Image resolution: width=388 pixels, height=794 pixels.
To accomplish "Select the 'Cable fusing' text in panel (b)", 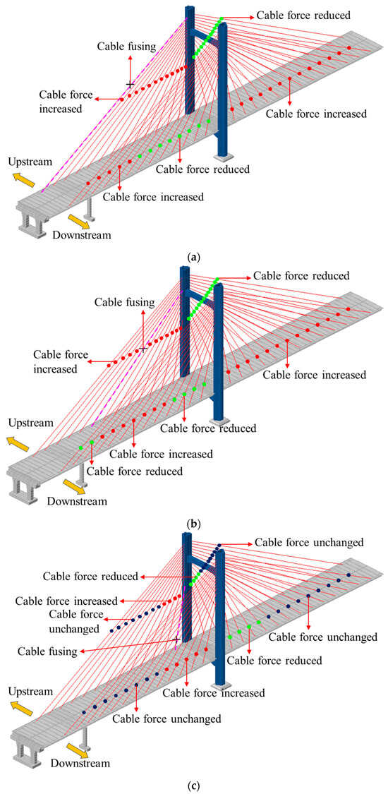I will [x=123, y=302].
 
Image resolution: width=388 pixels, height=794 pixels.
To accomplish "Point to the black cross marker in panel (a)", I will [x=129, y=85].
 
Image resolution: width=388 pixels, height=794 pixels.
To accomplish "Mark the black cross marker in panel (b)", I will [x=144, y=349].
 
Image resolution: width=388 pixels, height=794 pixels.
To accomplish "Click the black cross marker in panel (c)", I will [x=176, y=639].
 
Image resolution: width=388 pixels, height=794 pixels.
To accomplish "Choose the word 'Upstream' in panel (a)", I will [x=30, y=162].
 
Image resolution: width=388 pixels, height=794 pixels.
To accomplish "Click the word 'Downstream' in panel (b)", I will [x=77, y=501].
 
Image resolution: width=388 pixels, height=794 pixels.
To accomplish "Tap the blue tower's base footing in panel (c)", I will [x=223, y=685].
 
